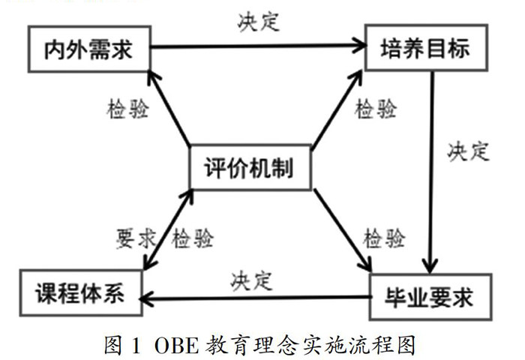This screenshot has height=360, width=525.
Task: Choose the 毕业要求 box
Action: (431, 298)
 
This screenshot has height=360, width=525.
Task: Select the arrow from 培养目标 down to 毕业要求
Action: (432, 172)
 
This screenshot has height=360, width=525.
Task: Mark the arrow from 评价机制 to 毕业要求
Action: (342, 229)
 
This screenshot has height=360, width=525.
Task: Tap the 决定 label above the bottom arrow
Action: (251, 280)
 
